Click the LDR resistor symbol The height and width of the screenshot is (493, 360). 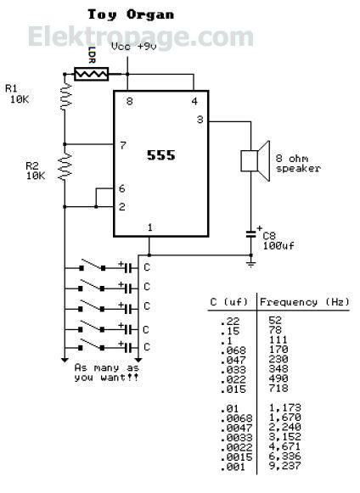point(91,74)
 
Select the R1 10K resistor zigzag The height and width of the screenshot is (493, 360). point(65,96)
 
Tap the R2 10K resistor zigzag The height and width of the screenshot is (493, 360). point(65,166)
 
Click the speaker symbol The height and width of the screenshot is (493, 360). point(256,160)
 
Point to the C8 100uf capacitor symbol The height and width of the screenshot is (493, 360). point(251,233)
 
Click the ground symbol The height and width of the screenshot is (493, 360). point(250,264)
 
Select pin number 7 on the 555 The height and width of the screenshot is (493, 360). point(123,145)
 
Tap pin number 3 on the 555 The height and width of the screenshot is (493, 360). point(200,120)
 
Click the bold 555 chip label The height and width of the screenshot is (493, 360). point(160,155)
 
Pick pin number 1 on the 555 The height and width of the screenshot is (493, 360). point(149,227)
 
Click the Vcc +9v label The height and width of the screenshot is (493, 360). point(134,47)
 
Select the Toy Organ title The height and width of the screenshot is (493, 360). point(131,14)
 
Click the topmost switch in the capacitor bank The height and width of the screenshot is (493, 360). point(93,265)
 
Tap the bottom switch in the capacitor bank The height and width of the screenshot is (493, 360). point(91,345)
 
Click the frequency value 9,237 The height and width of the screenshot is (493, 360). point(285,465)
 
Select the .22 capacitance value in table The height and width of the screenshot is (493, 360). point(230,321)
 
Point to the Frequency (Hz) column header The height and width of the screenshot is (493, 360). point(304,302)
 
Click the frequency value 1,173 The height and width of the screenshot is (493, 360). point(285,408)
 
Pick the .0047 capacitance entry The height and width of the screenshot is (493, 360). point(236,428)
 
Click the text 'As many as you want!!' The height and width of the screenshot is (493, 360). point(107,373)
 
